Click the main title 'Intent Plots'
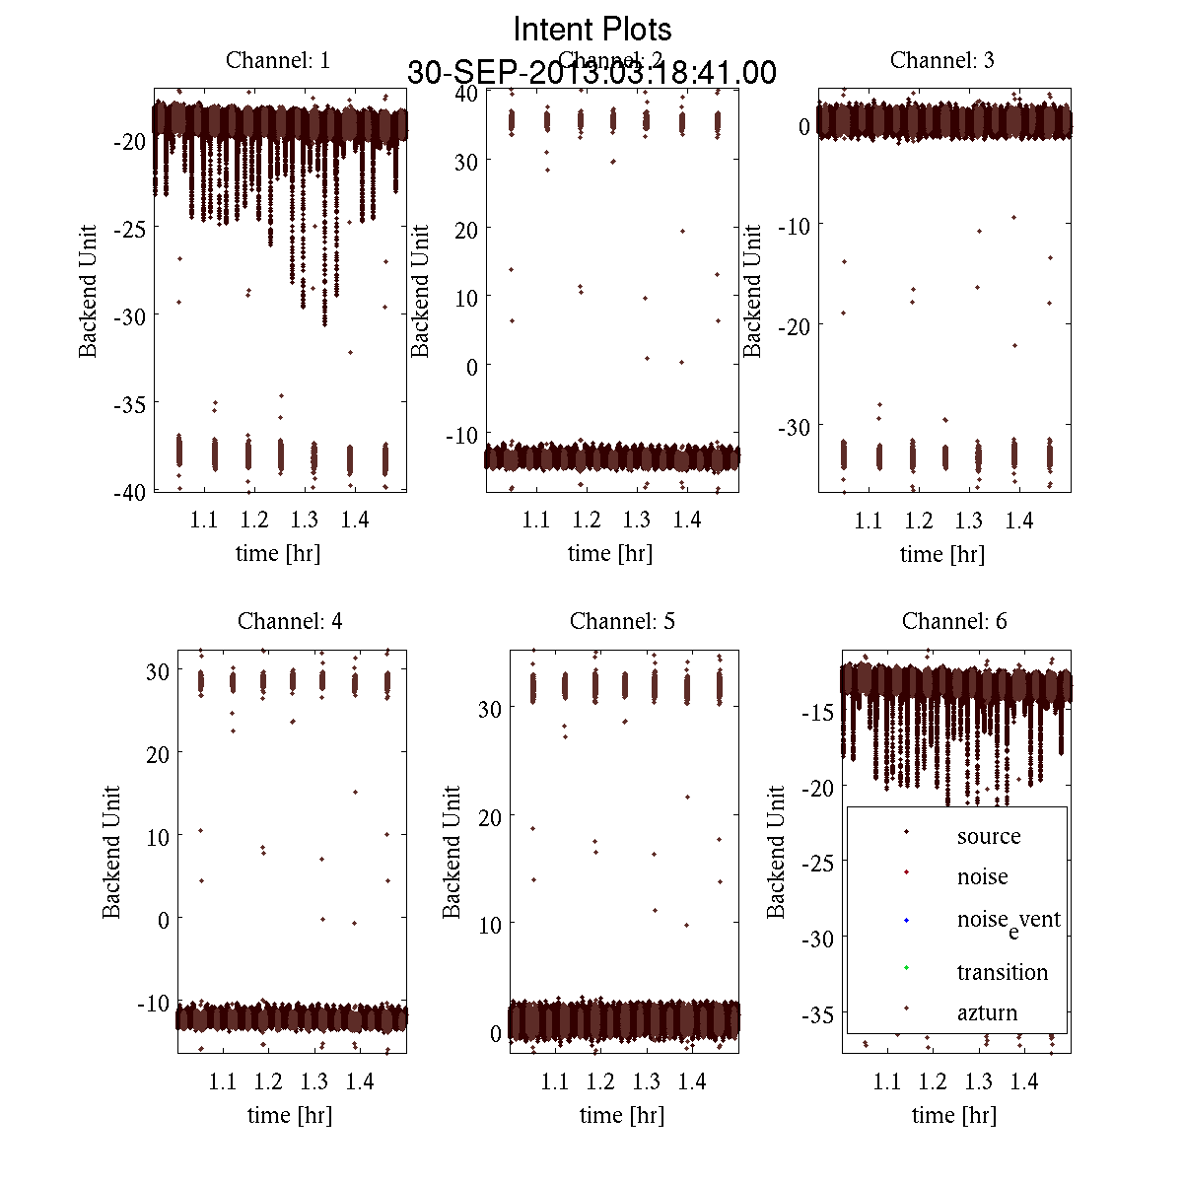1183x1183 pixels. (592, 29)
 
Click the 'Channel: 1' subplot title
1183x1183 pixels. (278, 60)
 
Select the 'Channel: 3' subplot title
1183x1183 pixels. (941, 60)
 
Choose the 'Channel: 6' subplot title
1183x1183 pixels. (954, 621)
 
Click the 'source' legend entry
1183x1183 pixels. (989, 836)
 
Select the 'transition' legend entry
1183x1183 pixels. (1002, 972)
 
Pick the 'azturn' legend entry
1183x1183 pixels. (987, 1012)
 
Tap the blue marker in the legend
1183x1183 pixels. (906, 921)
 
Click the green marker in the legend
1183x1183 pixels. (906, 968)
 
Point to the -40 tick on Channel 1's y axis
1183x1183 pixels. (129, 493)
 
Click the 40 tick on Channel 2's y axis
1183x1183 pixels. (466, 93)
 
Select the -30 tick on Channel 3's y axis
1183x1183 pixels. (795, 427)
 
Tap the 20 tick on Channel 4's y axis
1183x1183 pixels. (157, 753)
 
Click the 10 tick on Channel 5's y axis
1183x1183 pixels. (489, 925)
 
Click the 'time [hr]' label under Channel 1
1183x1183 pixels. (278, 553)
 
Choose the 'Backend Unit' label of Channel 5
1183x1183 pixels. (452, 852)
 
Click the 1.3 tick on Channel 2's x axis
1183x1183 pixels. (637, 520)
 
